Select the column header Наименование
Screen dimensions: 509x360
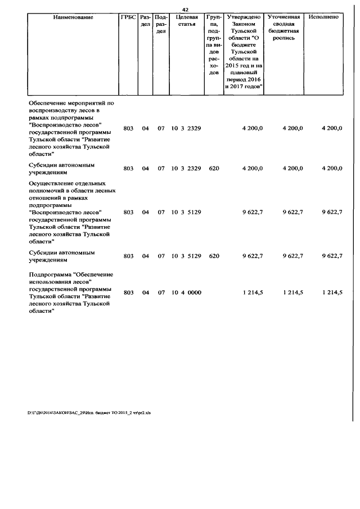coord(73,17)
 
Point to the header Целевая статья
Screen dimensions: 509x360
coord(186,21)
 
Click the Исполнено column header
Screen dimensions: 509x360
coord(323,17)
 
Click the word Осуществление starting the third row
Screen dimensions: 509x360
coord(53,183)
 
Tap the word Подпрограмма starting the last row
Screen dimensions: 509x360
coord(52,273)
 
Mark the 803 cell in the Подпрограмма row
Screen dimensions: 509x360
coord(128,292)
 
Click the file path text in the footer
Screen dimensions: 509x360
coord(89,412)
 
